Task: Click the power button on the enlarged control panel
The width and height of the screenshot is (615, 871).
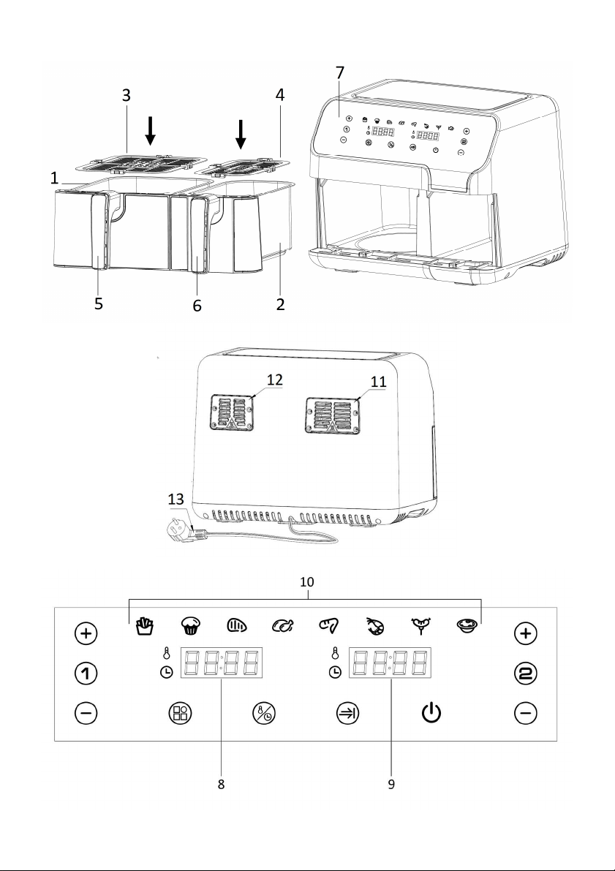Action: tap(431, 713)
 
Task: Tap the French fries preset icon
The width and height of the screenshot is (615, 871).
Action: tap(145, 626)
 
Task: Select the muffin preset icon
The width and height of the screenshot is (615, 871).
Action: tap(191, 626)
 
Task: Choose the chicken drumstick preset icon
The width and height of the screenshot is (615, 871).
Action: tap(283, 627)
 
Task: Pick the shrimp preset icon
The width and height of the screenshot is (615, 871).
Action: tap(375, 627)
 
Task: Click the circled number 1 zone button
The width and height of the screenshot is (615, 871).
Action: tap(86, 674)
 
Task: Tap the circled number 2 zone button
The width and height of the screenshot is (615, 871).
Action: tap(526, 674)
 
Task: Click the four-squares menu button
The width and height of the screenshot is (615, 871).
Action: tap(180, 713)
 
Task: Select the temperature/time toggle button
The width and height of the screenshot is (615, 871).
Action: tap(264, 713)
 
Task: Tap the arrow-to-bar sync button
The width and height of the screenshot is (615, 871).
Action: tap(348, 713)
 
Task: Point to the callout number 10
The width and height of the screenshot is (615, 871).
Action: tap(307, 581)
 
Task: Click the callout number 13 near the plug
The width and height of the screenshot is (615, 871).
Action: tap(176, 499)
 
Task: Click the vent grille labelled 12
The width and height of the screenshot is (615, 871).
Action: tap(233, 412)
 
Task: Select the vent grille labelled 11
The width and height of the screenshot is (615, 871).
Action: tap(332, 415)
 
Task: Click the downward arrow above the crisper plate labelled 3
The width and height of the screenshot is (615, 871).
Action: tap(150, 131)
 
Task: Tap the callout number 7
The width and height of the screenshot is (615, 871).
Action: tap(339, 73)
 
